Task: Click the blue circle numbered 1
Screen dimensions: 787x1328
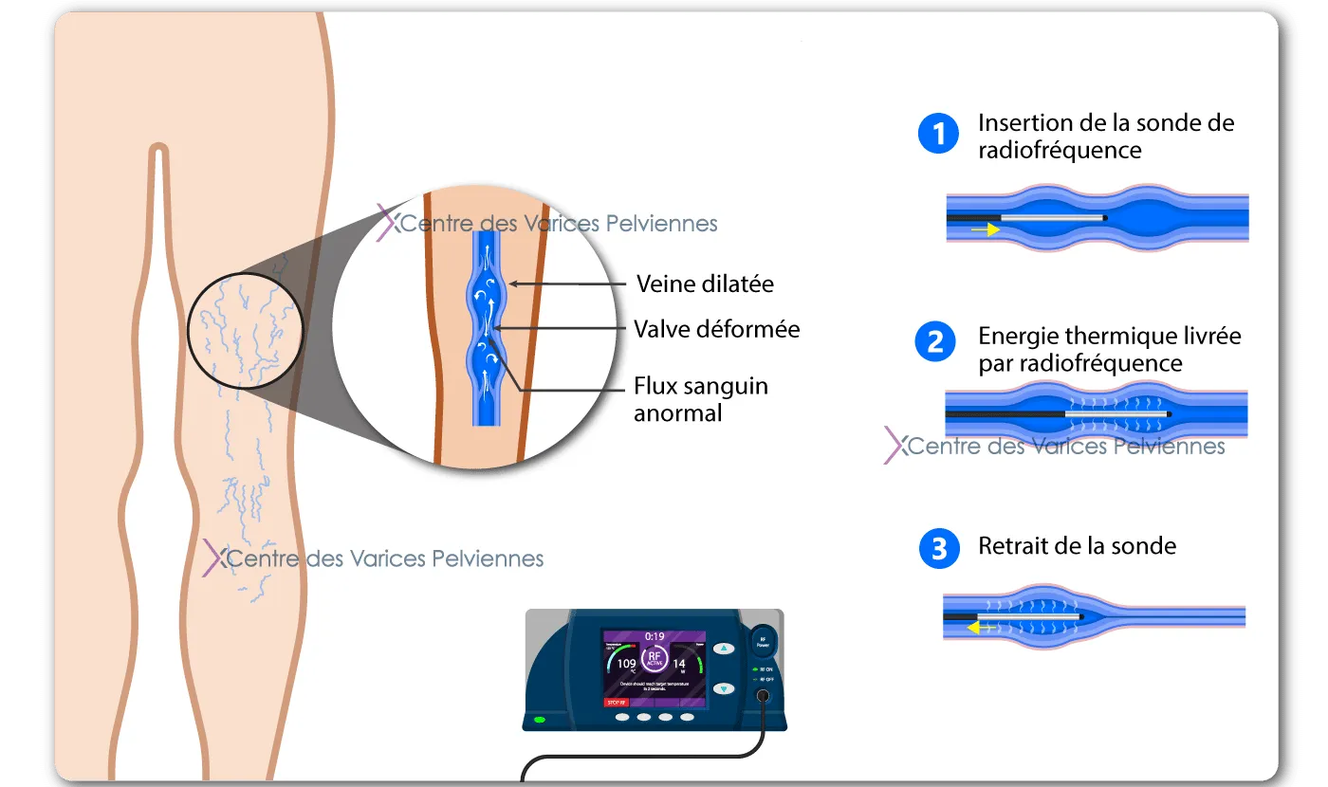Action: (x=939, y=134)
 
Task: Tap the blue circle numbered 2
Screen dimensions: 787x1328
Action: (x=935, y=343)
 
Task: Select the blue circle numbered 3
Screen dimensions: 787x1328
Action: (x=939, y=549)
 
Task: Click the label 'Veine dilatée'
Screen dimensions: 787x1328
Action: (x=705, y=284)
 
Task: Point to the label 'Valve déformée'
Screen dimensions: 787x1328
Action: (x=716, y=329)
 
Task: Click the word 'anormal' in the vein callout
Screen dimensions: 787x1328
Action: (x=678, y=413)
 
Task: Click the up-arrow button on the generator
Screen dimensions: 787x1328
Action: (x=724, y=649)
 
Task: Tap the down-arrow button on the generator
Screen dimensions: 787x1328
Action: (x=724, y=688)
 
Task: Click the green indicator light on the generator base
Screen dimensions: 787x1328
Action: (x=540, y=721)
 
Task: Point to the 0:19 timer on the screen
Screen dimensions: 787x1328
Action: (x=655, y=635)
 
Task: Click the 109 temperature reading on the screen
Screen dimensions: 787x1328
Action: (x=627, y=664)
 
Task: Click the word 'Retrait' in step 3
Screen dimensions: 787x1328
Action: (x=1012, y=546)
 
